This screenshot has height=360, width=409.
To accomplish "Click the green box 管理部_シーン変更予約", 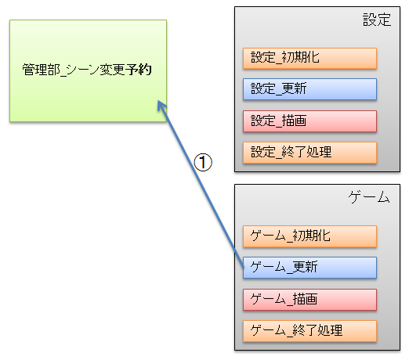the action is [x=88, y=70].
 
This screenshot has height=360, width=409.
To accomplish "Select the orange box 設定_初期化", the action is [x=309, y=58].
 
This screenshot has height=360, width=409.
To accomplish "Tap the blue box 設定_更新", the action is [x=309, y=89].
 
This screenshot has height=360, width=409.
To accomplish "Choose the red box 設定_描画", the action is [x=309, y=121].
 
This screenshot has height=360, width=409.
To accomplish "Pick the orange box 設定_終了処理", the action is [x=309, y=153].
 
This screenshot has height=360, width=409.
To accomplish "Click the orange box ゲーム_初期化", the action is [x=309, y=236].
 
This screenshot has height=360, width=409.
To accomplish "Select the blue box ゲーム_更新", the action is [x=309, y=268].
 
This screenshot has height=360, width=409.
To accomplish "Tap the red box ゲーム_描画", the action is [x=309, y=300].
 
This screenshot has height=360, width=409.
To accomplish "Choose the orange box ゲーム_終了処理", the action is [x=309, y=331].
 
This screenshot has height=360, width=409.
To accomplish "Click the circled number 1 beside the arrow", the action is [x=203, y=162].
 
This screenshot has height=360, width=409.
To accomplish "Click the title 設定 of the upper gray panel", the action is [x=377, y=20].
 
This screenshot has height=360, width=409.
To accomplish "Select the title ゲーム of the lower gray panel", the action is [x=369, y=197].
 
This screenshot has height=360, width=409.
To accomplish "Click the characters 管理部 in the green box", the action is [x=41, y=70].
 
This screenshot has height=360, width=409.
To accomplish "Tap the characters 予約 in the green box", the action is [x=138, y=70].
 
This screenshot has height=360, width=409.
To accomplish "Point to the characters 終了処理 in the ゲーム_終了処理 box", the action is [x=317, y=330].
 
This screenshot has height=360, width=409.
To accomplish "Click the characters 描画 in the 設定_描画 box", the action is [x=294, y=121].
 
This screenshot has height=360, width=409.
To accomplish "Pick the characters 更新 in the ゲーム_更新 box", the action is [x=305, y=267].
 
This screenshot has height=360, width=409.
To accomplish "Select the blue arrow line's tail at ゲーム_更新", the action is [x=244, y=267].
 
